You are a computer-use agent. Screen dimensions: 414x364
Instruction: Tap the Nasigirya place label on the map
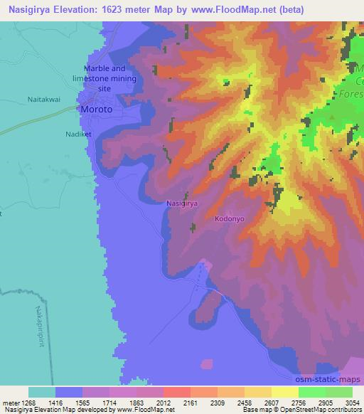point(181,203)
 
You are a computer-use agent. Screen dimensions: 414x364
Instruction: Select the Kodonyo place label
point(230,220)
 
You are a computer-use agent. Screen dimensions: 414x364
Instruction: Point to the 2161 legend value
point(191,403)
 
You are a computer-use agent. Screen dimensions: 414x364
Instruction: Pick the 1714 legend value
point(110,403)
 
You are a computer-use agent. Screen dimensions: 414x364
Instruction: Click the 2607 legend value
point(271,403)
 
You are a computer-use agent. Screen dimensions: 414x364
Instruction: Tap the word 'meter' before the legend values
point(11,403)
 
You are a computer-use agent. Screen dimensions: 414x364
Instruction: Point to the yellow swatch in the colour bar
point(285,392)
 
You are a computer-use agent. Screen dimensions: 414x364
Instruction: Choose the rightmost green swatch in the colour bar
point(339,392)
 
